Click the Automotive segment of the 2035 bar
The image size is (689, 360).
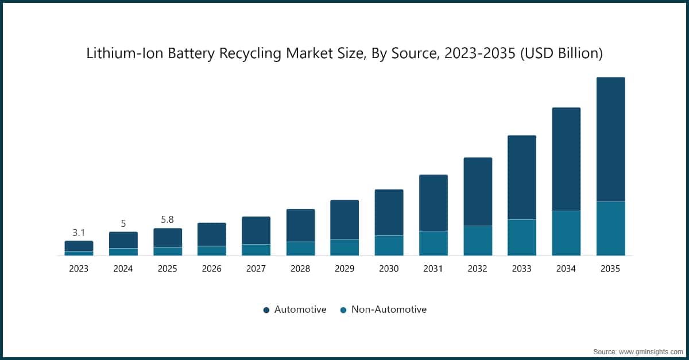pos(610,140)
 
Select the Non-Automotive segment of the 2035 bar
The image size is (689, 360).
pos(610,229)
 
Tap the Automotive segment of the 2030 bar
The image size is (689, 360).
pos(389,212)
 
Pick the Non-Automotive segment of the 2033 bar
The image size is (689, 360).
pos(521,237)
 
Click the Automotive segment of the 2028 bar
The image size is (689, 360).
pos(300,225)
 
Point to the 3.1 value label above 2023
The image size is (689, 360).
pos(79,233)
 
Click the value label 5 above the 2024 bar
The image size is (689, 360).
pos(123,223)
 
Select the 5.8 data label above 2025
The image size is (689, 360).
pos(167,220)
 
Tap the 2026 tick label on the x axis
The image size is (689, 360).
pos(211,269)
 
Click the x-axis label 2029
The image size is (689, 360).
pos(344,269)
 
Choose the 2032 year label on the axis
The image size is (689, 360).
pos(477,269)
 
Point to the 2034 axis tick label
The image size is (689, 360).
pos(566,269)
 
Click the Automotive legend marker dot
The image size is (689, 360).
pos(266,310)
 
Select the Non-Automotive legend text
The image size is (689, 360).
pos(389,309)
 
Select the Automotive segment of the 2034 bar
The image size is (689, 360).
pos(566,159)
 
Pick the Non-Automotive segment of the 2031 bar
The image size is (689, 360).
pos(433,243)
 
